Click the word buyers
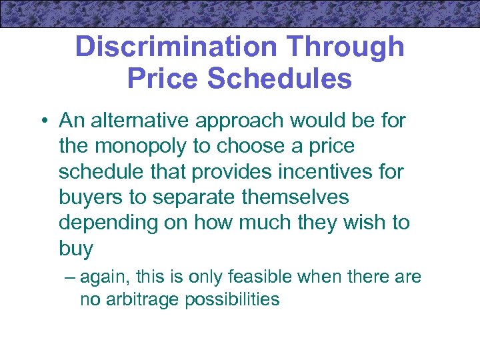(90, 197)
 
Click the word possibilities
(233, 299)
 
